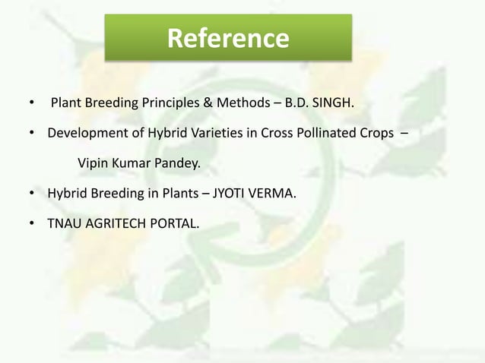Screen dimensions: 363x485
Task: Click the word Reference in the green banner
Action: pos(228,37)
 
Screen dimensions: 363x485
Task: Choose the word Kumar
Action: pos(130,163)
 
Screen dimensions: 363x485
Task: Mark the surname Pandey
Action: pos(174,163)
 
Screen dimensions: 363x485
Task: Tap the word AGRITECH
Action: pos(113,224)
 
